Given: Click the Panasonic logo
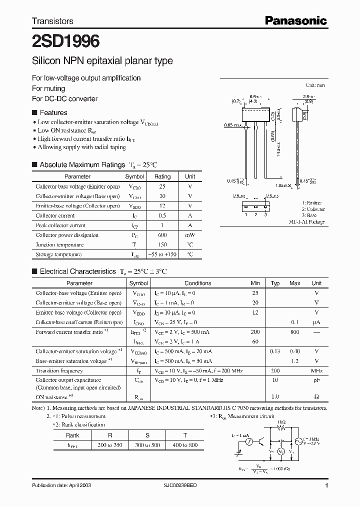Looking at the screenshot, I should point(295,20).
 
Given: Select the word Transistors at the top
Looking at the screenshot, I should point(52,21).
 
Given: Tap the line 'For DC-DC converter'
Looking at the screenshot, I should point(64,98).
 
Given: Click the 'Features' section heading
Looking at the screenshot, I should point(53,112).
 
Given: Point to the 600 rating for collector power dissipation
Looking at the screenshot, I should point(162,235).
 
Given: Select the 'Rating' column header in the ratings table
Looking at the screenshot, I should point(162,176).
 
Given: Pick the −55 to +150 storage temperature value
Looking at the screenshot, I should point(162,254).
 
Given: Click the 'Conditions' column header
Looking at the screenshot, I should point(197,283).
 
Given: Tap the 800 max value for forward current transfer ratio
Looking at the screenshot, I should point(294,331).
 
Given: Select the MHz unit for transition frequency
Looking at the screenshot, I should point(316,371).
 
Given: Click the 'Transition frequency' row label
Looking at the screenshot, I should point(59,371).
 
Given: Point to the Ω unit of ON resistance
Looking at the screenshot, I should point(316,396).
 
